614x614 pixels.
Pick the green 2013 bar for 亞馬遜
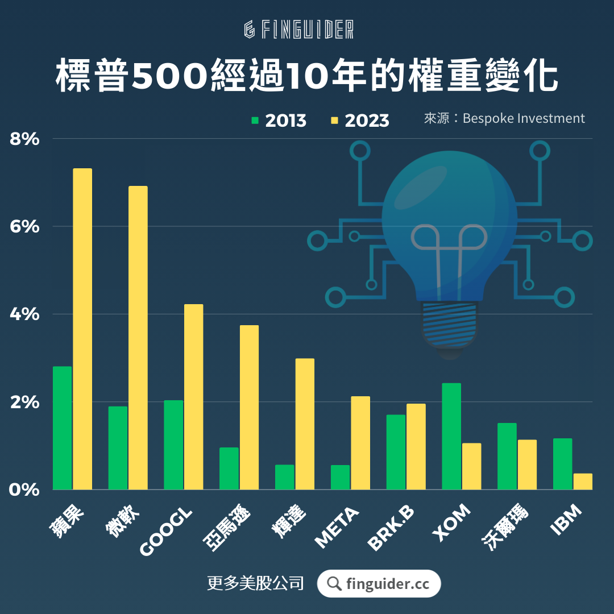[229, 468]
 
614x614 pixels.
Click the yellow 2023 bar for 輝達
[305, 424]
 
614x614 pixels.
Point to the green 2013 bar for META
[340, 477]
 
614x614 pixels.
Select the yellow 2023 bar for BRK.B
[416, 446]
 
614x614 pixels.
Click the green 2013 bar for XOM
[451, 436]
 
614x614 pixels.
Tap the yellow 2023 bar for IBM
[583, 481]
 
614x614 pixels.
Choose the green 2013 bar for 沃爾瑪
[507, 456]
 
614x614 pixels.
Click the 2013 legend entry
[279, 121]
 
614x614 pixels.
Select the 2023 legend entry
[360, 121]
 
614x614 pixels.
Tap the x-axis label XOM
[452, 524]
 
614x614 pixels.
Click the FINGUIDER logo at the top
[299, 30]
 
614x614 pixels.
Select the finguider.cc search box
[379, 583]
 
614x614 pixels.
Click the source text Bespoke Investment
[523, 118]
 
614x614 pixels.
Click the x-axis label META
[338, 528]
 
